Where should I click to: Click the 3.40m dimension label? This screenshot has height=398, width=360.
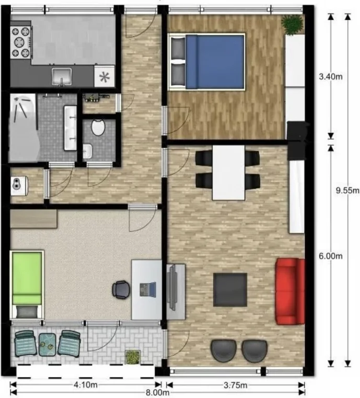pyautogui.click(x=331, y=76)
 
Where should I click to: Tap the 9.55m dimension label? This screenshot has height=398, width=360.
pyautogui.click(x=347, y=190)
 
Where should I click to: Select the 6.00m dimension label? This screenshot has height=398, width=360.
pyautogui.click(x=331, y=256)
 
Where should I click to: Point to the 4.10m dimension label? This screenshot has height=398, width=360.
pyautogui.click(x=86, y=385)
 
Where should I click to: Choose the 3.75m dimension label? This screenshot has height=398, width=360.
pyautogui.click(x=235, y=385)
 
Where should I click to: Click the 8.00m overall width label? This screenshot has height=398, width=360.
pyautogui.click(x=157, y=392)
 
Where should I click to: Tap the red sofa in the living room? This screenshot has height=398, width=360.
pyautogui.click(x=290, y=291)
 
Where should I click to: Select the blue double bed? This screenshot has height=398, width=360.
pyautogui.click(x=207, y=62)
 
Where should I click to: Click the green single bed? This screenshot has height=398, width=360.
pyautogui.click(x=27, y=285)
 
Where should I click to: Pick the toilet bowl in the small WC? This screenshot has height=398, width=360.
pyautogui.click(x=98, y=128)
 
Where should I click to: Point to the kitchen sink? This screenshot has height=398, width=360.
pyautogui.click(x=61, y=76)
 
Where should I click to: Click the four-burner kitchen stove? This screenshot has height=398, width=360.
pyautogui.click(x=21, y=42)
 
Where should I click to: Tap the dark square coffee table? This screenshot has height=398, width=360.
pyautogui.click(x=230, y=290)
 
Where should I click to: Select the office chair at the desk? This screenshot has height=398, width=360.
pyautogui.click(x=121, y=290)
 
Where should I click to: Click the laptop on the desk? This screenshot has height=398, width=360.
pyautogui.click(x=148, y=290)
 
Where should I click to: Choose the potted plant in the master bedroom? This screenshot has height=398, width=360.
pyautogui.click(x=293, y=25)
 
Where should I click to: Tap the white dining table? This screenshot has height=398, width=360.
pyautogui.click(x=229, y=173)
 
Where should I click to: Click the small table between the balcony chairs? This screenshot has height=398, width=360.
pyautogui.click(x=48, y=345)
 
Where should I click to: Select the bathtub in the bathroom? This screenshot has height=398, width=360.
pyautogui.click(x=24, y=128)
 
